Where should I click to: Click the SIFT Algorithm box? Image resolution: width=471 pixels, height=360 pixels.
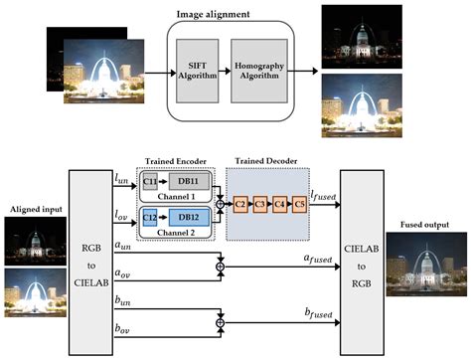point(195,72)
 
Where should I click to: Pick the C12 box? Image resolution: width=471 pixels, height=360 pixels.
point(151,218)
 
